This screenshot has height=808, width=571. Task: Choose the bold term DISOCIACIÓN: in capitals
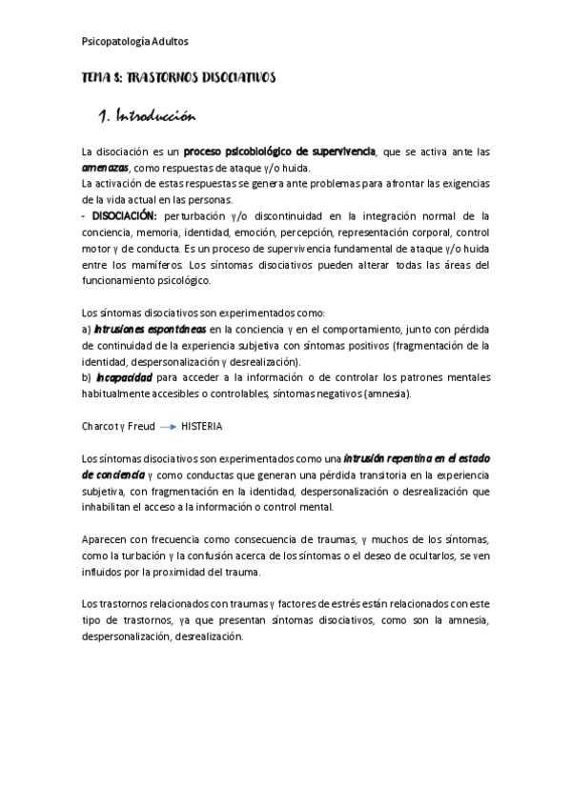pyautogui.click(x=124, y=215)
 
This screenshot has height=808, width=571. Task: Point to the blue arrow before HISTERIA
pyautogui.click(x=169, y=427)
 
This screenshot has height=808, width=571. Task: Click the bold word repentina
pyautogui.click(x=384, y=458)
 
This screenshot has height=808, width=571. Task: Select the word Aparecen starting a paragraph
pyautogui.click(x=106, y=539)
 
